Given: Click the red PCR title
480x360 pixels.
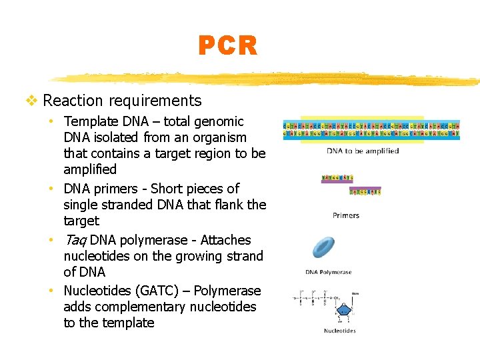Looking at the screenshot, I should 227,46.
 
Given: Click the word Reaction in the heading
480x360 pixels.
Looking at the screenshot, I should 70,101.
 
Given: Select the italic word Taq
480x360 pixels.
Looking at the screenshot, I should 75,240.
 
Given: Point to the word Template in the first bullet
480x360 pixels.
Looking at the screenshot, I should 91,121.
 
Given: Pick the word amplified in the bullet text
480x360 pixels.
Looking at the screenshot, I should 90,169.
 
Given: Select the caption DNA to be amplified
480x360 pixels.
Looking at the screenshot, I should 363,151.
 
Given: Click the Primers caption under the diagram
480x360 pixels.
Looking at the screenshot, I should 345,215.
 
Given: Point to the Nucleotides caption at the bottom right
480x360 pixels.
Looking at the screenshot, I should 339,330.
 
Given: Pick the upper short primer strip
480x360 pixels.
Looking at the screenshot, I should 337,178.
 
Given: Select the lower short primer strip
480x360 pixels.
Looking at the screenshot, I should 365,192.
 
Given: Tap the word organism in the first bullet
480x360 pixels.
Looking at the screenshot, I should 215,137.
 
